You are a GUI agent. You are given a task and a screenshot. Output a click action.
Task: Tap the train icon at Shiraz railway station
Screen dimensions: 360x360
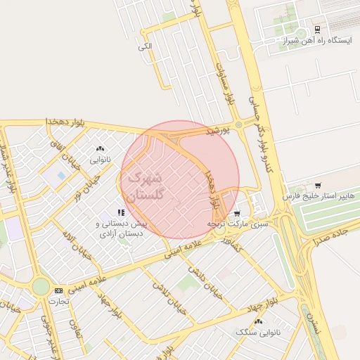tap(317, 29)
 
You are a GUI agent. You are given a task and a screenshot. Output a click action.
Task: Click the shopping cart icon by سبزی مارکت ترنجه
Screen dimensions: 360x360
tap(237, 212)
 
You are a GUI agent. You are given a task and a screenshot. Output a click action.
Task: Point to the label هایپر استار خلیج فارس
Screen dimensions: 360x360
tap(317, 196)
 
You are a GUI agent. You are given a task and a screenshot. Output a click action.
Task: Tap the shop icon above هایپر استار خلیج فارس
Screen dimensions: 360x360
tap(318, 186)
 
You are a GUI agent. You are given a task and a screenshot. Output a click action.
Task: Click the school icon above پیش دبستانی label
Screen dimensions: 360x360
tap(121, 212)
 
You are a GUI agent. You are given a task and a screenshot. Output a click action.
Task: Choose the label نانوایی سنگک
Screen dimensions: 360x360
tap(259, 332)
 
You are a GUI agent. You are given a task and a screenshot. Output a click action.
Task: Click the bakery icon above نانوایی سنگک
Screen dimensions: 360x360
tap(259, 321)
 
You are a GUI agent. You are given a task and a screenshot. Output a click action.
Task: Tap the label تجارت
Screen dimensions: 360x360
tap(58, 301)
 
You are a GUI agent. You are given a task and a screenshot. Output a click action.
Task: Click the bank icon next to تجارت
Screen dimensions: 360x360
tap(58, 290)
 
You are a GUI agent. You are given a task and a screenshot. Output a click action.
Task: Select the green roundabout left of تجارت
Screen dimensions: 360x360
tap(41, 287)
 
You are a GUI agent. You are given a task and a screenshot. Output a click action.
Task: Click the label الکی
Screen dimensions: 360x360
tap(146, 46)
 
